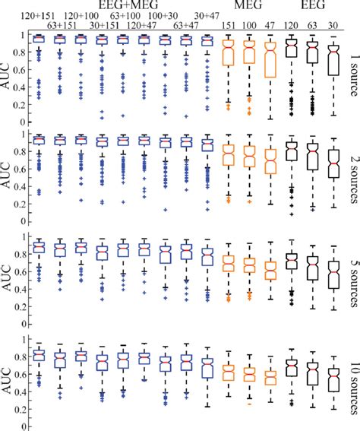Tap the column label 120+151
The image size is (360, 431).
pyautogui.click(x=37, y=16)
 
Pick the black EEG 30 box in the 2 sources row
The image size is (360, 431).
pyautogui.click(x=331, y=166)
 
